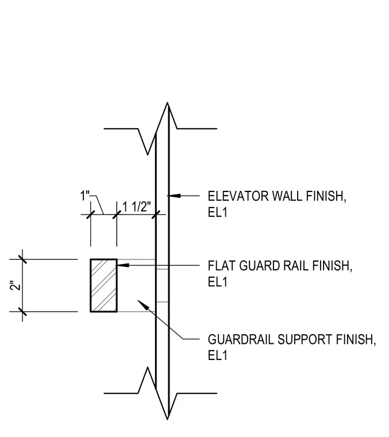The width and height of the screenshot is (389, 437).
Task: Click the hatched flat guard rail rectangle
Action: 103,285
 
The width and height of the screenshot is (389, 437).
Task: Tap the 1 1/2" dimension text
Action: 136,207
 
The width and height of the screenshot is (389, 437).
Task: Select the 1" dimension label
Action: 85,195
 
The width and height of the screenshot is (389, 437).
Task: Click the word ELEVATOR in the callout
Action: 238,196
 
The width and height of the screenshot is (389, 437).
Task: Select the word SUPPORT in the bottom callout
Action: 305,339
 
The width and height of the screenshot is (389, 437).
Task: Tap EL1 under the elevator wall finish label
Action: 217,212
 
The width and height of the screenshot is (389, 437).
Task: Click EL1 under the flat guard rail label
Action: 217,282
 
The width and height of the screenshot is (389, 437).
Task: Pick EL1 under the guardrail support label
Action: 217,355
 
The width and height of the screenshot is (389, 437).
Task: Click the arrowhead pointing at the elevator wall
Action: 174,195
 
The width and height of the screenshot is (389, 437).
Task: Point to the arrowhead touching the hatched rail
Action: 123,264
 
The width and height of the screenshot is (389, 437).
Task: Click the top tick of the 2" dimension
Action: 22,259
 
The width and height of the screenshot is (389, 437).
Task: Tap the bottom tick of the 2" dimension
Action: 22,312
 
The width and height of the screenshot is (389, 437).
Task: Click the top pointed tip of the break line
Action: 167,102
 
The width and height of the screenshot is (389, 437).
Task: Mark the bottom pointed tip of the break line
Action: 167,419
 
